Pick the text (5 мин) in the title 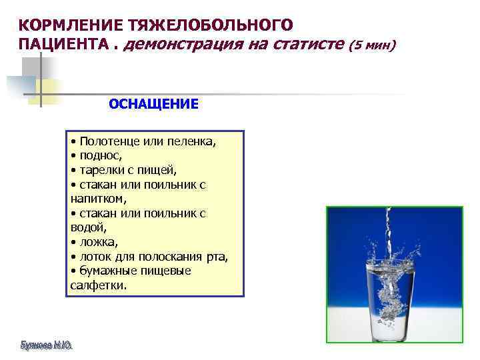[x=375, y=46]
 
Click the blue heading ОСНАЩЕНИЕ [x=153, y=104]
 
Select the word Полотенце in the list [x=107, y=142]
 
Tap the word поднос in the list [x=100, y=156]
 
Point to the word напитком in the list [x=97, y=199]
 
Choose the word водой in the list [x=86, y=227]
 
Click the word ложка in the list [x=97, y=242]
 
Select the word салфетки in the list [x=97, y=285]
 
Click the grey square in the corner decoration [x=30, y=67]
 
